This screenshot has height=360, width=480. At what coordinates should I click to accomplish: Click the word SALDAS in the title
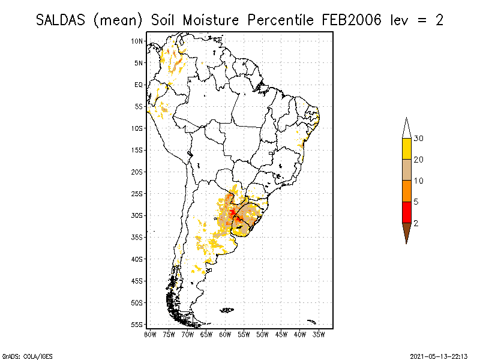[61, 20]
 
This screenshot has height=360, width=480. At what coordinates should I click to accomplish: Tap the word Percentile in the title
[280, 20]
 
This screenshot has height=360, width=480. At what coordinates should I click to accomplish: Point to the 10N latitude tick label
[137, 41]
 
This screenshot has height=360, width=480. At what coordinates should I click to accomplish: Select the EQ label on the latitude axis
[139, 85]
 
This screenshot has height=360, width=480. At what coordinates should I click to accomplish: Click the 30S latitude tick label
[137, 215]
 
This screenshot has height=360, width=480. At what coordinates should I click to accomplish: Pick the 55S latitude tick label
[137, 325]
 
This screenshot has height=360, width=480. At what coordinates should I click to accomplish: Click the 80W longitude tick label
[150, 334]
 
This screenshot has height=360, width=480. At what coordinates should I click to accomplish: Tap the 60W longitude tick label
[225, 334]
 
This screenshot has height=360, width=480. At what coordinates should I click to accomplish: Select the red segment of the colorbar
[406, 212]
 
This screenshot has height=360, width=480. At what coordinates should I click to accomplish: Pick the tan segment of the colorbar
[406, 170]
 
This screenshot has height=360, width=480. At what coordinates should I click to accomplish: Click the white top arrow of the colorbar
[406, 128]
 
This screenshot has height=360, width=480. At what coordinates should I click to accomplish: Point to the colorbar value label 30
[419, 139]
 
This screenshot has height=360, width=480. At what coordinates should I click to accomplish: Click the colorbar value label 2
[416, 223]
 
